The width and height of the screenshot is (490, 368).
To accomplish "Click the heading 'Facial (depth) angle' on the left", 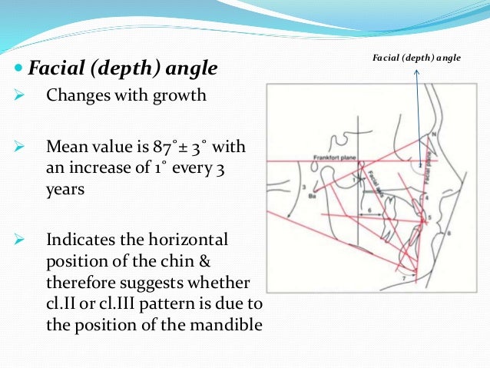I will (x=123, y=70).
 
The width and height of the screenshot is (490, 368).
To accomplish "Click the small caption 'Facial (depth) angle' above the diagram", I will (x=416, y=58).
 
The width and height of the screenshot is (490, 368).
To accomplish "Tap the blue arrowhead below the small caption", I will (x=416, y=73).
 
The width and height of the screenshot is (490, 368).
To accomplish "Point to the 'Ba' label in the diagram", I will (x=292, y=197).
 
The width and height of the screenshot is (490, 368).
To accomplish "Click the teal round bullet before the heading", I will (x=19, y=71).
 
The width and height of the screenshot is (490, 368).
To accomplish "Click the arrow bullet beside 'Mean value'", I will (x=22, y=147).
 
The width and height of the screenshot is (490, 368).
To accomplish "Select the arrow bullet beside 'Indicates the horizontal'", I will (x=22, y=238).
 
